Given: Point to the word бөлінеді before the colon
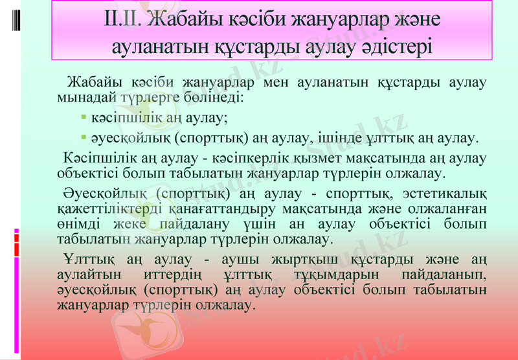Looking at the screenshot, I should coord(211,98).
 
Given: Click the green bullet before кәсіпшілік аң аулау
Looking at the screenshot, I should coord(84,118).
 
